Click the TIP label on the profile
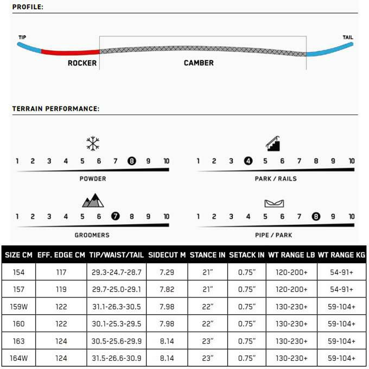pos(22,37)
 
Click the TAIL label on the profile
pos(347,37)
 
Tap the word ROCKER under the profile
pos(82,63)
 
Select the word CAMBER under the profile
pos(199,63)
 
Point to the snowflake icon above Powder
pos(93,144)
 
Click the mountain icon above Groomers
pos(93,200)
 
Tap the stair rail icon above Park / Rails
pos(272,143)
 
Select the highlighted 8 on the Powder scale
pos(131,161)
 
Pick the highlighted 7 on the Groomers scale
pos(115,217)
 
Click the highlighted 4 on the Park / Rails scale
pos(248,161)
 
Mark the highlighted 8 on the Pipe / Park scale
pos(315,217)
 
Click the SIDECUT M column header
pos(167,254)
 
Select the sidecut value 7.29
pos(167,271)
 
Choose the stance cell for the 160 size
pos(206,323)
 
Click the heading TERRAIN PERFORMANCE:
pos(55,109)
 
